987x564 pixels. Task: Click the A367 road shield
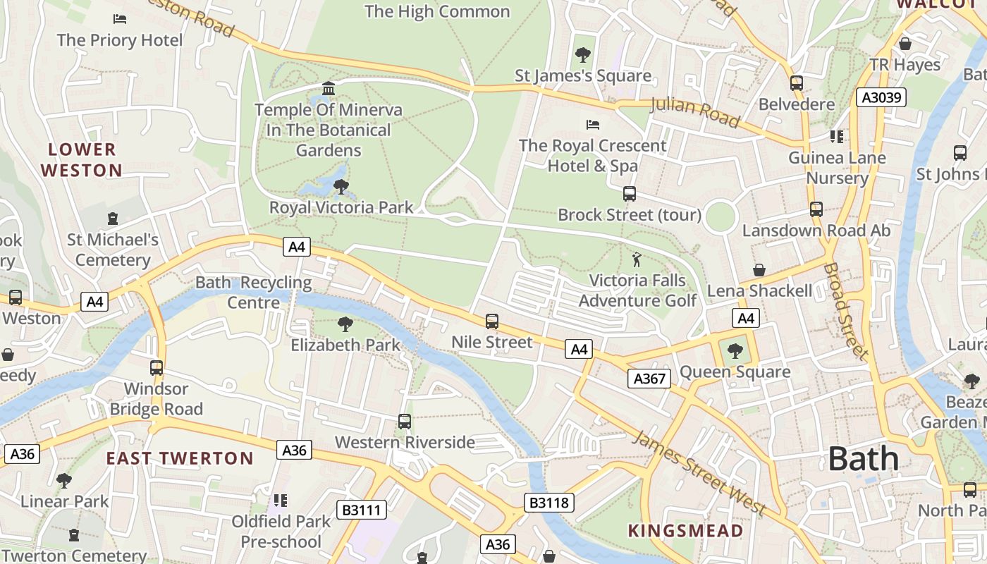click(x=649, y=379)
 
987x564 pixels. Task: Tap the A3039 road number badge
click(x=881, y=97)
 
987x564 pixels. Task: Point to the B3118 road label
click(x=549, y=503)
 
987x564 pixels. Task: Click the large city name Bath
click(x=864, y=459)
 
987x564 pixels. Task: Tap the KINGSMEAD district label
click(x=685, y=531)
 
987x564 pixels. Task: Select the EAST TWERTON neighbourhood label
click(x=180, y=458)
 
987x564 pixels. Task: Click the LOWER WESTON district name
click(x=82, y=160)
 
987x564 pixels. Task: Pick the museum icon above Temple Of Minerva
click(x=329, y=89)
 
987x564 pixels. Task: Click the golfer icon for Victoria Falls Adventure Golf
click(x=637, y=259)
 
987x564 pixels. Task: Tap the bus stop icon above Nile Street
click(x=492, y=321)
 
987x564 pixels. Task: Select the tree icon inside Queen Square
click(x=735, y=350)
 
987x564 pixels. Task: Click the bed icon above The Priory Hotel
click(x=120, y=19)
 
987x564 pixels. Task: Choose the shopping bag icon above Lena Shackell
click(x=759, y=270)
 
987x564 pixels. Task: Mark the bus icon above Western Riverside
click(x=405, y=422)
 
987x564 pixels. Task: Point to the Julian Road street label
click(x=694, y=112)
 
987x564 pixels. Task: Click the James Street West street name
click(x=699, y=472)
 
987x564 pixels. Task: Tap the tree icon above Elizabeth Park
click(x=345, y=324)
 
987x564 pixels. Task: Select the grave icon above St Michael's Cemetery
click(x=113, y=219)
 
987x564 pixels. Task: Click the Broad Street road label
click(x=844, y=311)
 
